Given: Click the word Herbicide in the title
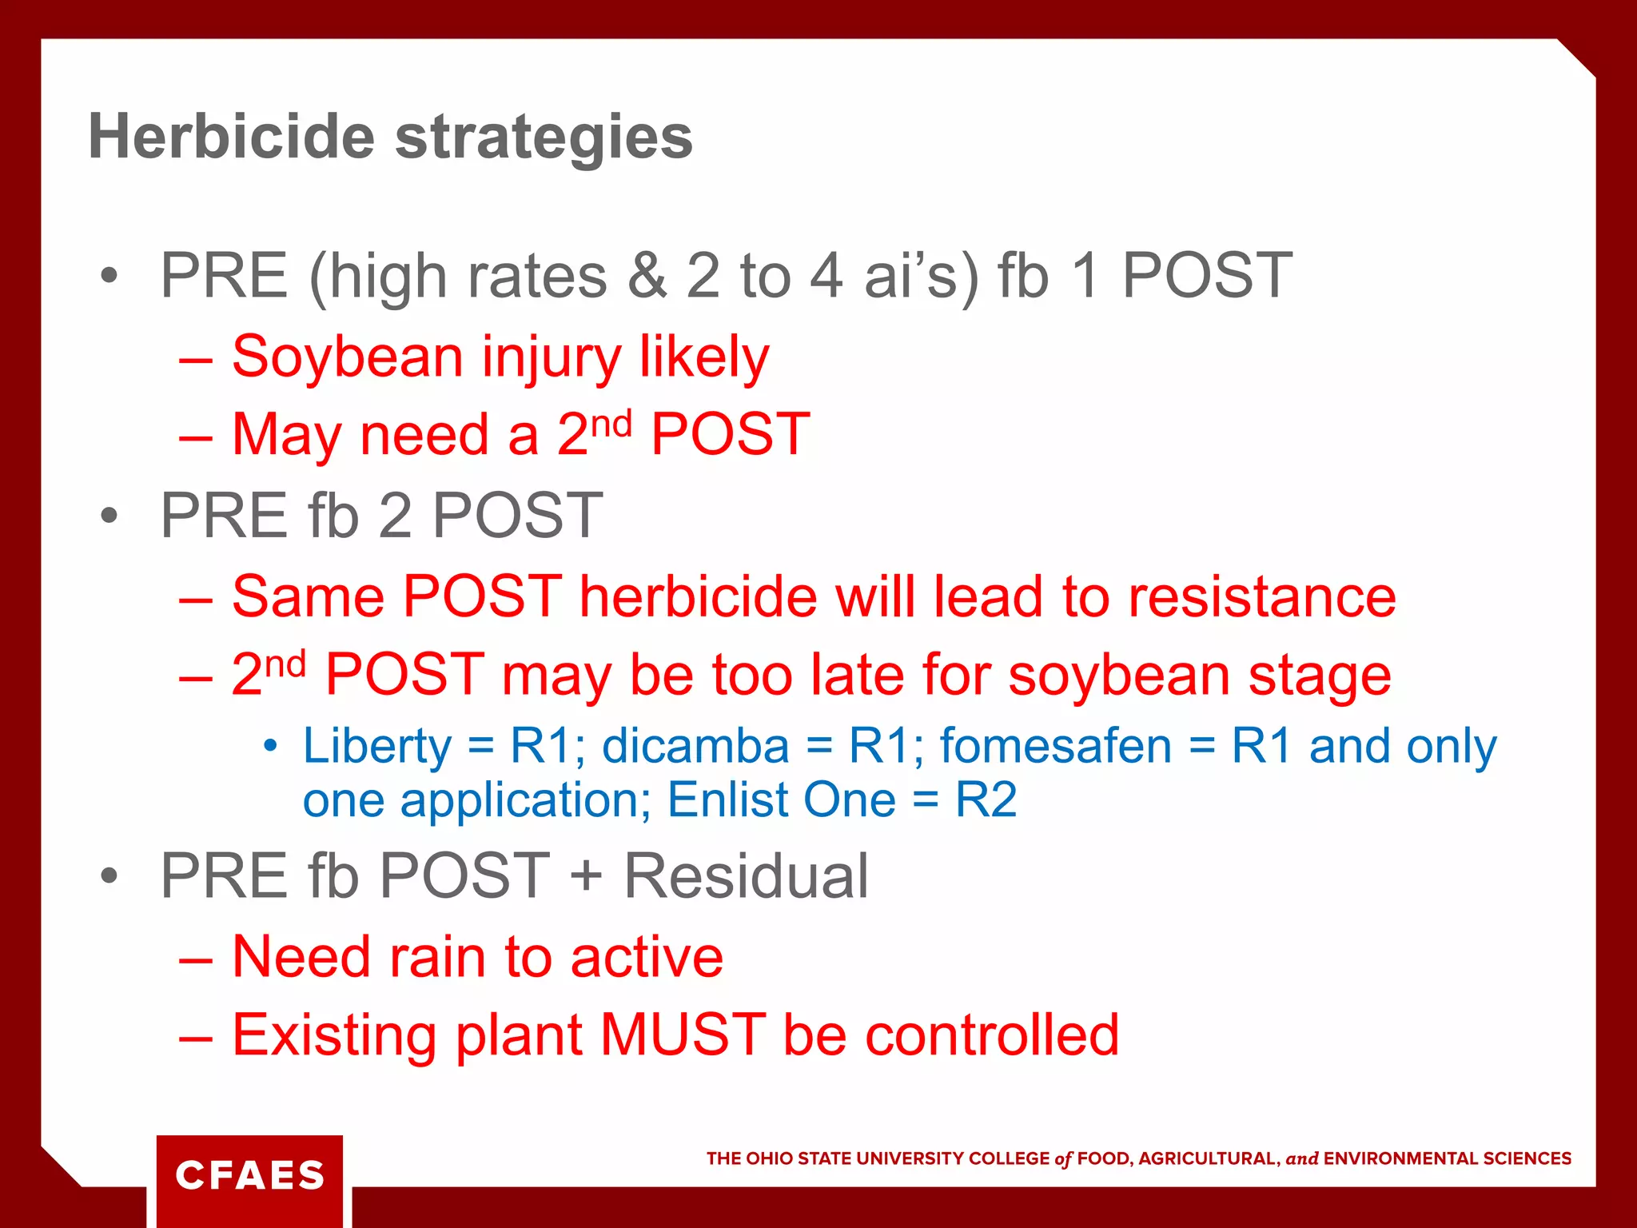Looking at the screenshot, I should pos(231,136).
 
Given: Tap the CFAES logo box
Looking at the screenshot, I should pos(249,1175).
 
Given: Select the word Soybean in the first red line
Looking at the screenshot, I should pos(347,357).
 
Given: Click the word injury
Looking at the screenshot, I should pos(551,358).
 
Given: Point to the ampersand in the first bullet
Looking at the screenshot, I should pos(647,276).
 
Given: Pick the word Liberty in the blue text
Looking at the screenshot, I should pos(377,747).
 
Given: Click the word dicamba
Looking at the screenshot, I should pos(695,746).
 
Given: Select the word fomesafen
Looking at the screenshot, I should pos(1055,746).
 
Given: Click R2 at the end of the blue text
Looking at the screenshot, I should pos(986,799).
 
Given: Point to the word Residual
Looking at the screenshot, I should pos(745,876).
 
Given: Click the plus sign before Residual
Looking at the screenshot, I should pos(586,876).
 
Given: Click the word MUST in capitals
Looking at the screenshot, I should pos(683,1035).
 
